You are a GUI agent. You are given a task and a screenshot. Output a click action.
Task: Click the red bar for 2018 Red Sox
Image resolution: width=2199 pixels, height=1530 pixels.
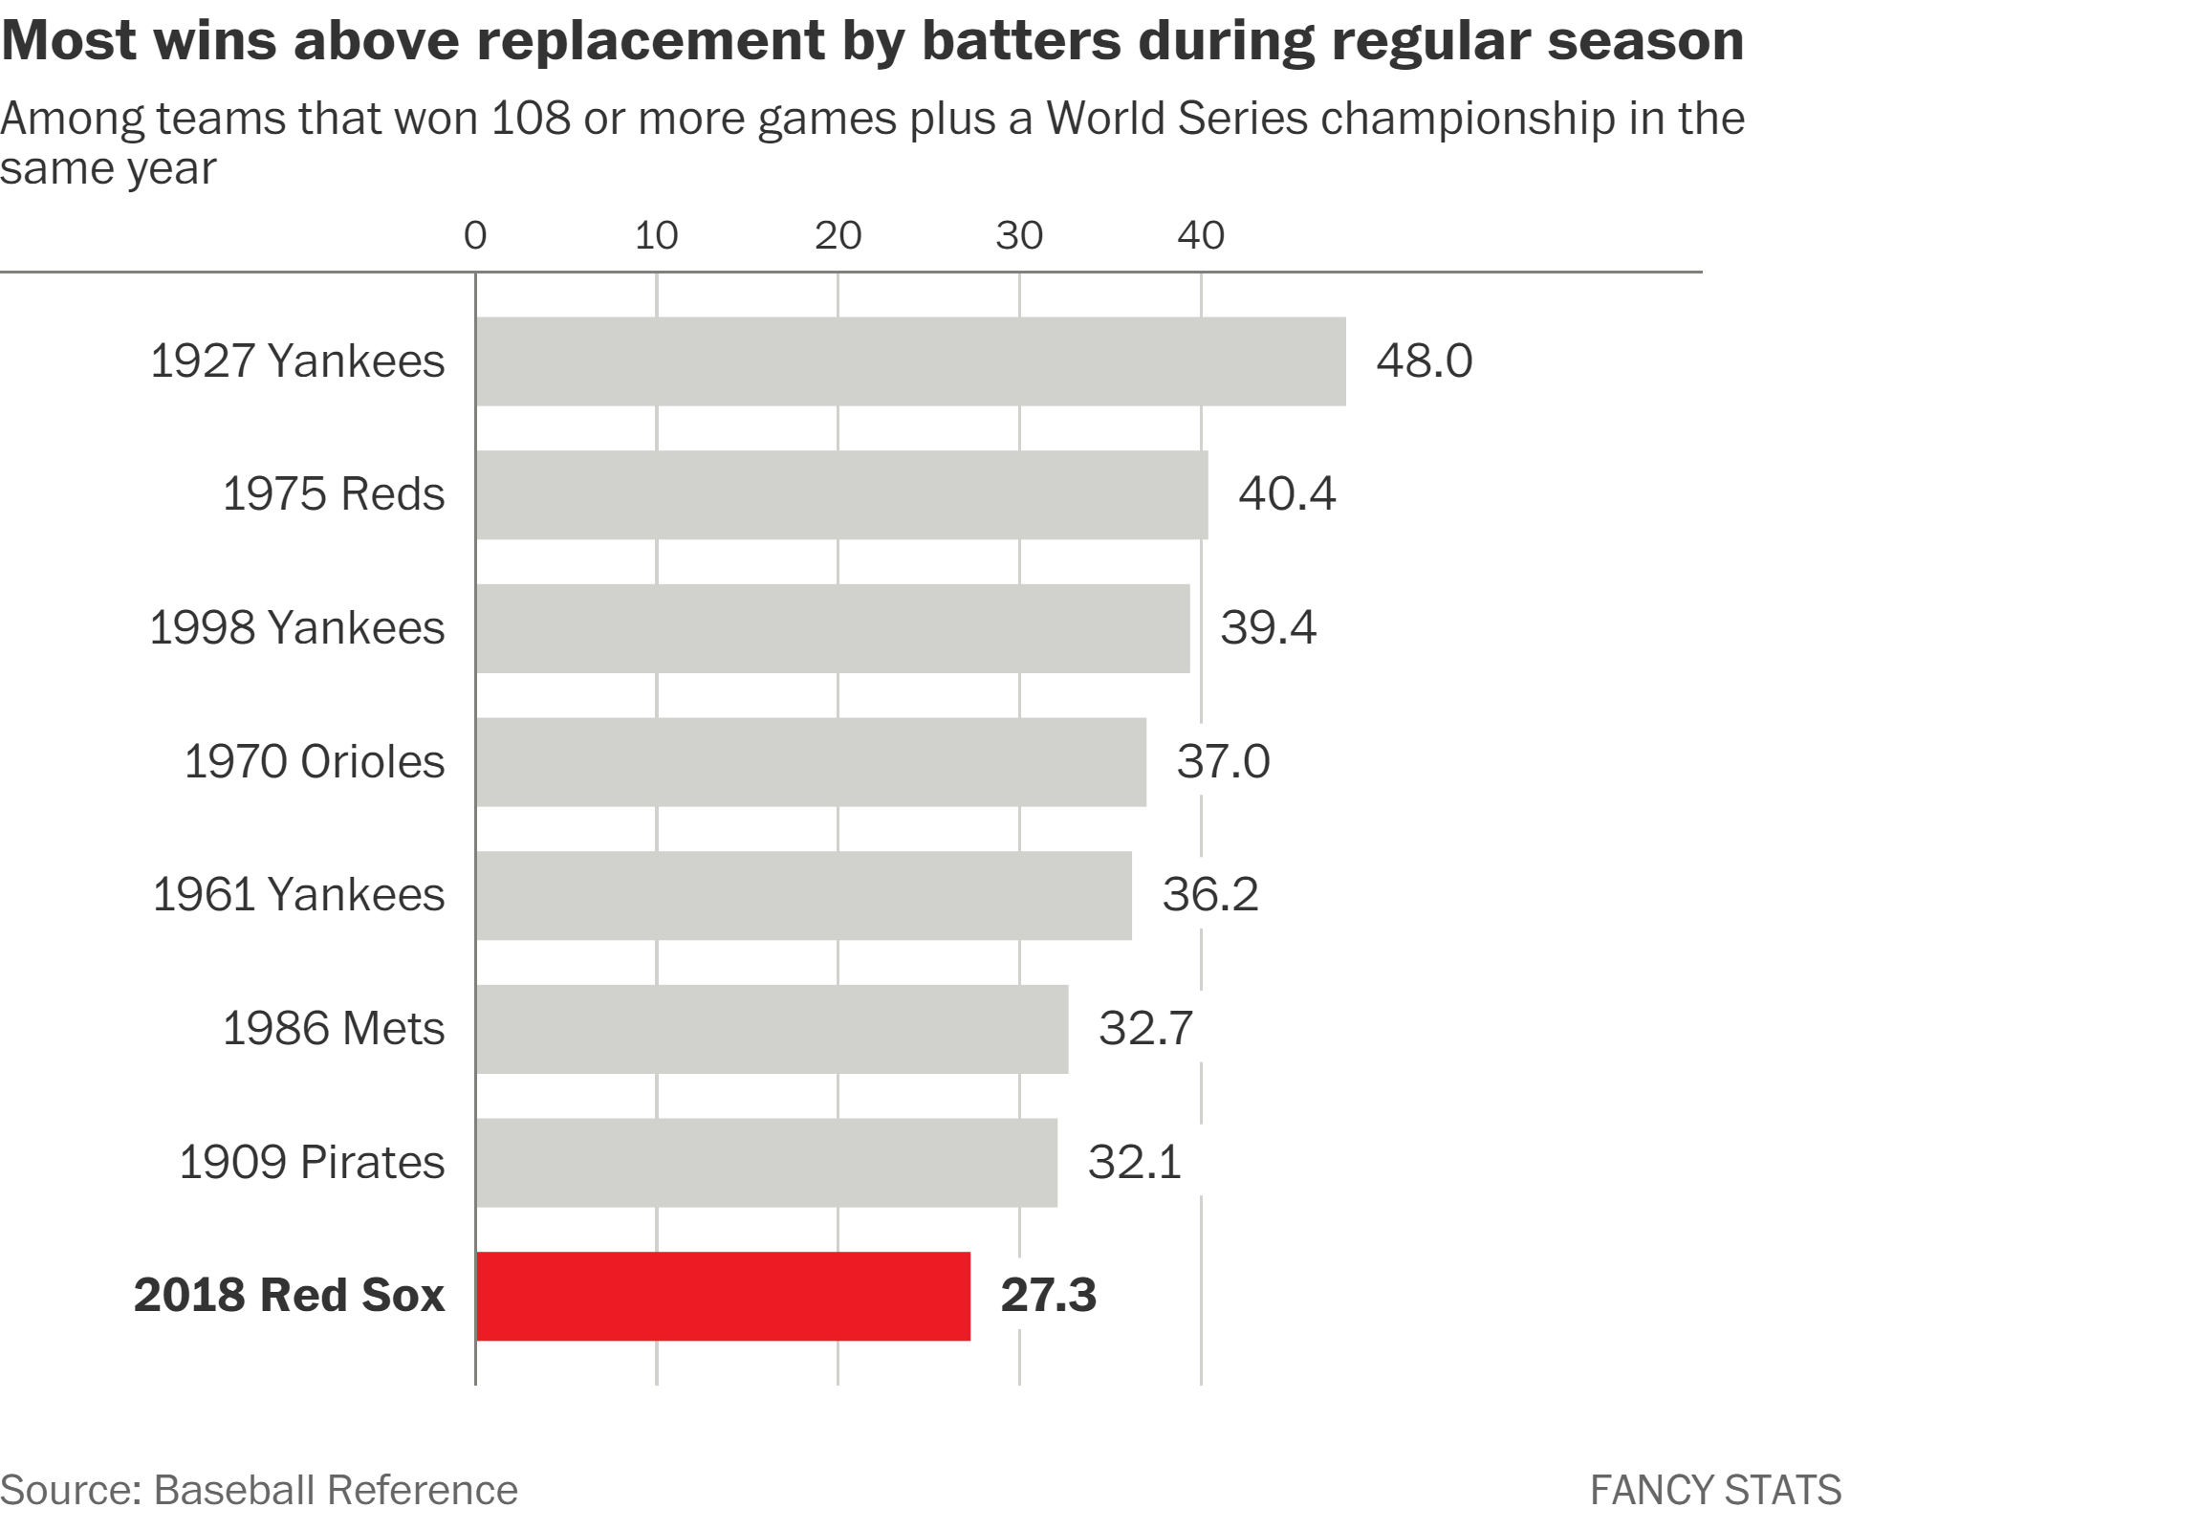[723, 1297]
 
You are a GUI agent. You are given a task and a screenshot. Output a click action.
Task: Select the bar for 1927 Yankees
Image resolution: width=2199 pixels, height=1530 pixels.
[911, 361]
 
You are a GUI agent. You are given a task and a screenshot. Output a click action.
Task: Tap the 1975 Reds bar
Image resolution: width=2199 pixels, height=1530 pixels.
[842, 495]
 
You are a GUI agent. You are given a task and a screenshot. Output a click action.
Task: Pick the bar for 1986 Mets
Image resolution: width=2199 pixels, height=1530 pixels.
[772, 1029]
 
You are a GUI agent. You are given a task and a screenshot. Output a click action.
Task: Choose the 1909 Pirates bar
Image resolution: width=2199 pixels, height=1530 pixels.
[766, 1163]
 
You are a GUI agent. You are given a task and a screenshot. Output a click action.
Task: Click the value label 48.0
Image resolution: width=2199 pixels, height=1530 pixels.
[1425, 361]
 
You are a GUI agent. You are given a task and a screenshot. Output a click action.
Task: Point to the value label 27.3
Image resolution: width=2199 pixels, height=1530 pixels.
[1049, 1296]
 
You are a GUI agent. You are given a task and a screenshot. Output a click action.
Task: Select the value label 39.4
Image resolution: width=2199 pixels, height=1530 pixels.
[1268, 627]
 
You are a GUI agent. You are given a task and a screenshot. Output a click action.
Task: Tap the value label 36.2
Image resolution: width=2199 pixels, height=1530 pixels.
[1210, 895]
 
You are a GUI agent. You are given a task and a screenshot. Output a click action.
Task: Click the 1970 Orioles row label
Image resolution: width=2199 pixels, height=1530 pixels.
[315, 761]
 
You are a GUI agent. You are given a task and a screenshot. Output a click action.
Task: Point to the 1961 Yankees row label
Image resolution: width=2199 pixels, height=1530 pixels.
[299, 895]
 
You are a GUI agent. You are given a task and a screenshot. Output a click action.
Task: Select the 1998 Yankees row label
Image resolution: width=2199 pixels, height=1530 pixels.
[297, 627]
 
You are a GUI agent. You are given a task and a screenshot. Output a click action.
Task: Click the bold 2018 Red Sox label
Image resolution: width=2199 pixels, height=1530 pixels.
[290, 1296]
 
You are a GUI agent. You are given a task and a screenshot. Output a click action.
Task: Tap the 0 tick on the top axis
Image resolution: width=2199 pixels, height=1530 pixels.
[475, 235]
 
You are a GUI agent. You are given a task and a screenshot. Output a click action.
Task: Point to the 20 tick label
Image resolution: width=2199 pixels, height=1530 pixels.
[838, 235]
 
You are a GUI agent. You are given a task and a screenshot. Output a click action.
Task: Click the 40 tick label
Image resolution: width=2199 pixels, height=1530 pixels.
[1201, 235]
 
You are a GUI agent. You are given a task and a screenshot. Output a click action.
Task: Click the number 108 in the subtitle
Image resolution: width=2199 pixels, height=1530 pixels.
[531, 119]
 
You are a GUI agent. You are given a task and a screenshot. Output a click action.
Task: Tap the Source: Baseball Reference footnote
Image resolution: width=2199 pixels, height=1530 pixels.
[258, 1490]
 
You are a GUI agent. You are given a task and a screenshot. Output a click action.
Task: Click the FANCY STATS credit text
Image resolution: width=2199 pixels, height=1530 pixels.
[1715, 1491]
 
